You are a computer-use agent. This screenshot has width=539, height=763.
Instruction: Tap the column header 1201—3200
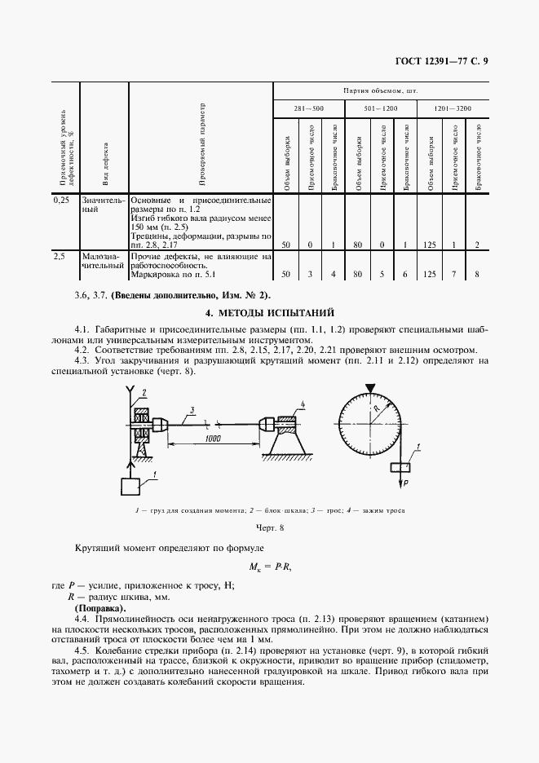pyautogui.click(x=451, y=108)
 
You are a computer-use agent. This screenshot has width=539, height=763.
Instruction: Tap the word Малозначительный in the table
pyautogui.click(x=103, y=261)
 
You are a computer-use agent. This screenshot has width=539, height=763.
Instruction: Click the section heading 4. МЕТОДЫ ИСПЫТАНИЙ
pyautogui.click(x=269, y=313)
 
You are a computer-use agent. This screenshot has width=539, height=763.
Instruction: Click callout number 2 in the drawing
pyautogui.click(x=143, y=394)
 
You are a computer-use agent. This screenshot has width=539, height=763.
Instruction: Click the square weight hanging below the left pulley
pyautogui.click(x=130, y=487)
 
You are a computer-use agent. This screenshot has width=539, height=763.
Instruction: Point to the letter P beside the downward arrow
pyautogui.click(x=405, y=483)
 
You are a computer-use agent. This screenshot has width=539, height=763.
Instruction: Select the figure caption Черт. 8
pyautogui.click(x=269, y=528)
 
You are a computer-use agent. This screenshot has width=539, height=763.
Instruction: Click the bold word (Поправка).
pyautogui.click(x=99, y=608)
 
